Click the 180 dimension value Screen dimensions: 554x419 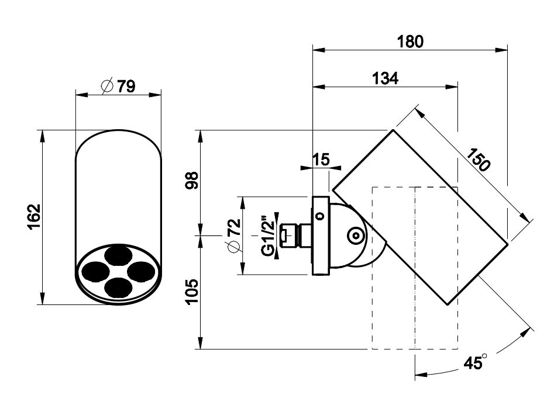(x=410, y=41)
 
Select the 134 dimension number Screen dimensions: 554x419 (x=385, y=78)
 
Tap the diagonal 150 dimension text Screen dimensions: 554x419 (x=479, y=160)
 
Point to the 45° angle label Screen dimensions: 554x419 (x=476, y=362)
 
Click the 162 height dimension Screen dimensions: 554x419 (x=35, y=217)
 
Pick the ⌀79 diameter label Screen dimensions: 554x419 (x=118, y=86)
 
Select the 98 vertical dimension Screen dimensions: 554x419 (x=192, y=181)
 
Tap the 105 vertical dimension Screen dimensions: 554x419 (x=192, y=292)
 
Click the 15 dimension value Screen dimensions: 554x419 (x=321, y=160)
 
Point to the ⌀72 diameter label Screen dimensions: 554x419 (x=234, y=236)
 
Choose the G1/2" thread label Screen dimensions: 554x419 (x=268, y=235)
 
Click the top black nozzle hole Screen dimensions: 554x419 (x=118, y=255)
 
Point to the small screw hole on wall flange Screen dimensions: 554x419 (x=321, y=216)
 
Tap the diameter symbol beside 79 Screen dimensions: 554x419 (x=107, y=86)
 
